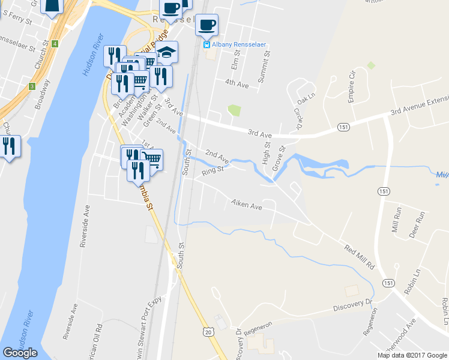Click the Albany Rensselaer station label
click(238, 44)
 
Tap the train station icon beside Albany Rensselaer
click(206, 44)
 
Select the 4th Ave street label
click(237, 84)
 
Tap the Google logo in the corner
click(20, 353)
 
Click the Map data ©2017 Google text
click(412, 355)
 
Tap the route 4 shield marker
click(55, 44)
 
